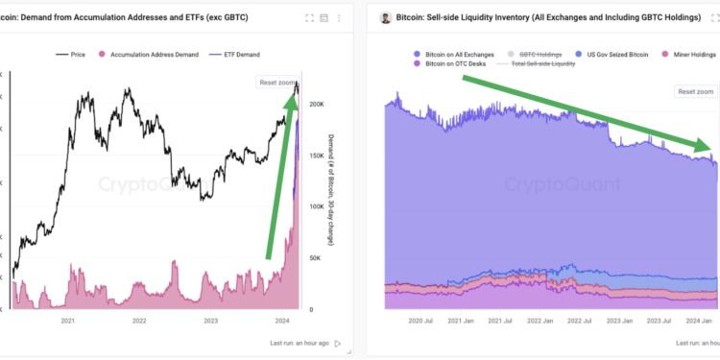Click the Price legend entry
(x=73, y=55)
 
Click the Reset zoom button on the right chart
(x=696, y=91)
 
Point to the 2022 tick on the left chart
(x=139, y=322)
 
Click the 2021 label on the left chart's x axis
(x=67, y=322)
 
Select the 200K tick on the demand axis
(x=313, y=104)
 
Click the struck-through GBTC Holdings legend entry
(x=540, y=55)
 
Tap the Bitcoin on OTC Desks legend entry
(x=452, y=63)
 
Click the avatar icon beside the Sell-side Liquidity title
(x=386, y=17)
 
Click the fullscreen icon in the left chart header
(x=308, y=18)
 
